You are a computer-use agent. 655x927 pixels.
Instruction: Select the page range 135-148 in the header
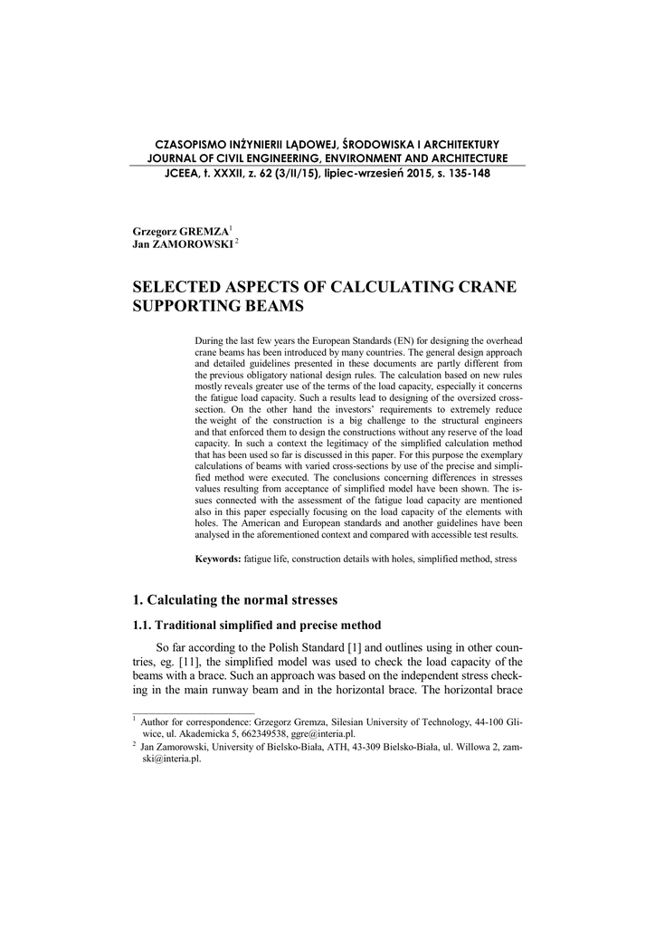(x=465, y=174)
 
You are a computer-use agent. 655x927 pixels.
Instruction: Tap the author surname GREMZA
(x=204, y=232)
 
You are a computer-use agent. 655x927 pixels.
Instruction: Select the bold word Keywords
(x=218, y=559)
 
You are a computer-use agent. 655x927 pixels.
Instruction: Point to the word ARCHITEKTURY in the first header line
(x=458, y=145)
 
